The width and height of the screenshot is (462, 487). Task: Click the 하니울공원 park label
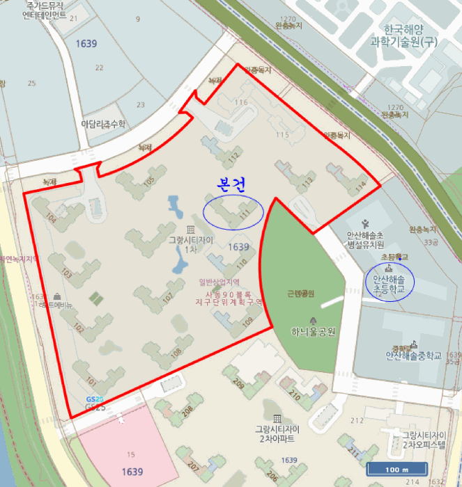point(313,332)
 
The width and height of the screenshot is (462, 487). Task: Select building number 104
point(49,218)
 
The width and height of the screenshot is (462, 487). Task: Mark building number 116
point(241,103)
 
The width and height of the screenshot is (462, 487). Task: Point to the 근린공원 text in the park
point(300,294)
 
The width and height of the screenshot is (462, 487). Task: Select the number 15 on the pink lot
point(130,454)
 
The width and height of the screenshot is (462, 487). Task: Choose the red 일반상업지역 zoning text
point(218,282)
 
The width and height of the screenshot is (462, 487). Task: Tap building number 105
point(148,181)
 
